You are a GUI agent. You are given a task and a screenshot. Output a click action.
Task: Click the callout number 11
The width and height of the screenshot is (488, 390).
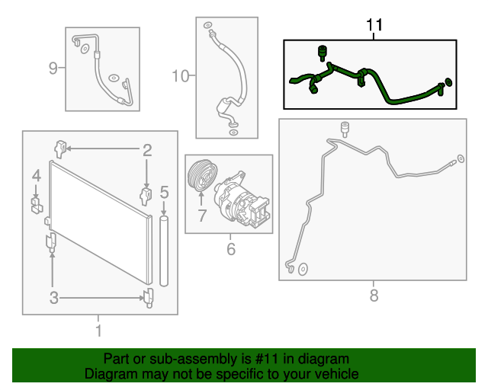[374, 24]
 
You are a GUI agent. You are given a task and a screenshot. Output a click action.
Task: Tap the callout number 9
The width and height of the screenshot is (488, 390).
[53, 68]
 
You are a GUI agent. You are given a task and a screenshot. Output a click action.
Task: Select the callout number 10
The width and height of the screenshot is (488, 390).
[180, 76]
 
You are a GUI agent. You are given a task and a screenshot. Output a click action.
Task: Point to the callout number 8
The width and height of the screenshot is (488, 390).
[374, 295]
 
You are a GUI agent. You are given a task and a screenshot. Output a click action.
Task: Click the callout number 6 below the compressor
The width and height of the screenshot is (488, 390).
[230, 249]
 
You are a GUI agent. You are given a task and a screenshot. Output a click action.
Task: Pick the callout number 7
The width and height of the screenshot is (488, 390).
[202, 216]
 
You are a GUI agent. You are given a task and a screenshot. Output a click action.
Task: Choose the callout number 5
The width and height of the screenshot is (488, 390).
[164, 192]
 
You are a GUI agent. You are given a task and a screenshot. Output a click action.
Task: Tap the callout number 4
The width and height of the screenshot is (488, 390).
[37, 176]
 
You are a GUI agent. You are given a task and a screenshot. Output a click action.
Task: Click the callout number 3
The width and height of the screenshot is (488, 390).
[54, 298]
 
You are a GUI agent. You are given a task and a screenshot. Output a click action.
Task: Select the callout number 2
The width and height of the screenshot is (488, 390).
[147, 150]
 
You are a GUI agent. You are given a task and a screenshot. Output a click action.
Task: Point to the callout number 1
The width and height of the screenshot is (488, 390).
[98, 331]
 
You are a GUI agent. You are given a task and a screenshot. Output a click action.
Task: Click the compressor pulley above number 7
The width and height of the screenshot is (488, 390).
[203, 175]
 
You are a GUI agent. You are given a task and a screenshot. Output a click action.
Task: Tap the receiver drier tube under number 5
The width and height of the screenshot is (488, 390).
[164, 251]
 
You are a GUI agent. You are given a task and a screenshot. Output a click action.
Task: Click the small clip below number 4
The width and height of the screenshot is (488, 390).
[37, 205]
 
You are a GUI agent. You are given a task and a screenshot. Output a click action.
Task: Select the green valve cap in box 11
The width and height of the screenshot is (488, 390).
[322, 53]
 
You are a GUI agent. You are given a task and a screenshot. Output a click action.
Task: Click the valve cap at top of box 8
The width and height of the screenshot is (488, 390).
[345, 129]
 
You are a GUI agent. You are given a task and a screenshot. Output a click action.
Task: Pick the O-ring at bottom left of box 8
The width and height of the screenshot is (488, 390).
[303, 270]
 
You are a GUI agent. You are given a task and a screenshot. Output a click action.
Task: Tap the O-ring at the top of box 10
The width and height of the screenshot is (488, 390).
[207, 25]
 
